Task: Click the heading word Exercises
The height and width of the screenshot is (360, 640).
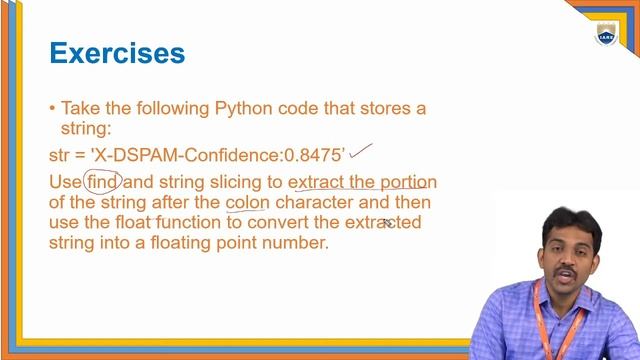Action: [117, 53]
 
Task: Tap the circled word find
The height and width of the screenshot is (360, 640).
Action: [101, 182]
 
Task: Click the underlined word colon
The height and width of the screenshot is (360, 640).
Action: [247, 202]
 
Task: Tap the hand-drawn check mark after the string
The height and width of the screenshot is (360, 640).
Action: [361, 152]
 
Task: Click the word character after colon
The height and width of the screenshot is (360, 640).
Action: [317, 202]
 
